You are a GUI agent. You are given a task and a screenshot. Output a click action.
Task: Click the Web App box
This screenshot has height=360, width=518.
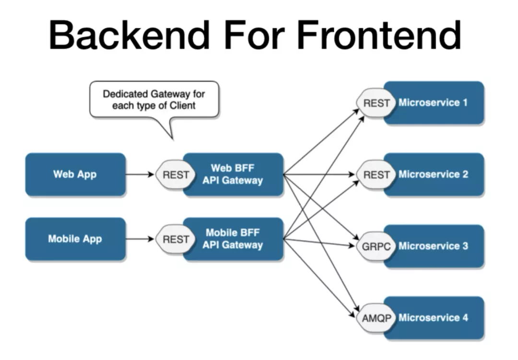[75, 174]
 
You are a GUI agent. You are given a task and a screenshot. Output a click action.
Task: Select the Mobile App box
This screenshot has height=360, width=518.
[75, 239]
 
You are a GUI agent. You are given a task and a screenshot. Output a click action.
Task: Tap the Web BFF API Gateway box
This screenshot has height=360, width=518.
[233, 174]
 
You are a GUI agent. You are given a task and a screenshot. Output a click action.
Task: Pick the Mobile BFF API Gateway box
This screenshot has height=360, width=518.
[233, 239]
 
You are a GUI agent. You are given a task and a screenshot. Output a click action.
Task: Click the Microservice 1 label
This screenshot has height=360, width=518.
[433, 103]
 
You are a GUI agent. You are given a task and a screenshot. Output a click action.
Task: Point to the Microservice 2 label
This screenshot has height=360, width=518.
[433, 174]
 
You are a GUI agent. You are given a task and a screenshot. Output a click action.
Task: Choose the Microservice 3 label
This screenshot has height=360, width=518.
[433, 246]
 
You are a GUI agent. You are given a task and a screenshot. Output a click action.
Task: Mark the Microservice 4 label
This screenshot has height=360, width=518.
[433, 318]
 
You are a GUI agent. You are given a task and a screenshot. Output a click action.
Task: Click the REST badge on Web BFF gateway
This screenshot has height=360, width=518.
[176, 174]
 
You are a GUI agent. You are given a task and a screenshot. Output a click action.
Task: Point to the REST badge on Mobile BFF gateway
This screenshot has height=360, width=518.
[176, 239]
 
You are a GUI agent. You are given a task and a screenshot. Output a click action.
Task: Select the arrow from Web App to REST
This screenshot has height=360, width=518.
[140, 174]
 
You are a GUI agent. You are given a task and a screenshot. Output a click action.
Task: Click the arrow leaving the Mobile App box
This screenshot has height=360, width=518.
[140, 239]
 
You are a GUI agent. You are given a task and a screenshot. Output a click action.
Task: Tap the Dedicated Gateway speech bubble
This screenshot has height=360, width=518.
[154, 100]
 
